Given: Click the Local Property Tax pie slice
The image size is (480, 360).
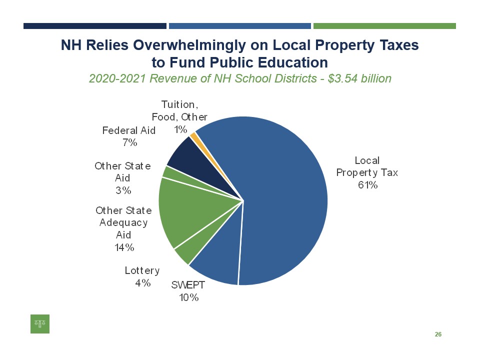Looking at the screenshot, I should click(x=285, y=200).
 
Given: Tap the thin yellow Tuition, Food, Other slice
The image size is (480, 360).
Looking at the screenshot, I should click(x=193, y=133).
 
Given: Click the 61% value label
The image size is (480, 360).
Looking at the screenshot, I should click(x=367, y=185).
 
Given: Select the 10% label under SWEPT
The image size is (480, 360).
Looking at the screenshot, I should click(x=189, y=297).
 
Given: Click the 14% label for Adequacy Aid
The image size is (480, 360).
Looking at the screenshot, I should click(x=123, y=247).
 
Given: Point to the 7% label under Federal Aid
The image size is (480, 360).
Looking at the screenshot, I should click(x=129, y=142).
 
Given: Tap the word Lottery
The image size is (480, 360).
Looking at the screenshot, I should click(x=142, y=270).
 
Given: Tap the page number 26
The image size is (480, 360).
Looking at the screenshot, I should click(x=438, y=334).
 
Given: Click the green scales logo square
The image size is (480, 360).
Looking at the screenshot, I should click(x=40, y=323).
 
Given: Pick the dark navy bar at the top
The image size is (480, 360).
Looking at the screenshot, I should click(x=95, y=26).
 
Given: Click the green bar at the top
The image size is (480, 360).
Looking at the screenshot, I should click(x=384, y=26).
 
